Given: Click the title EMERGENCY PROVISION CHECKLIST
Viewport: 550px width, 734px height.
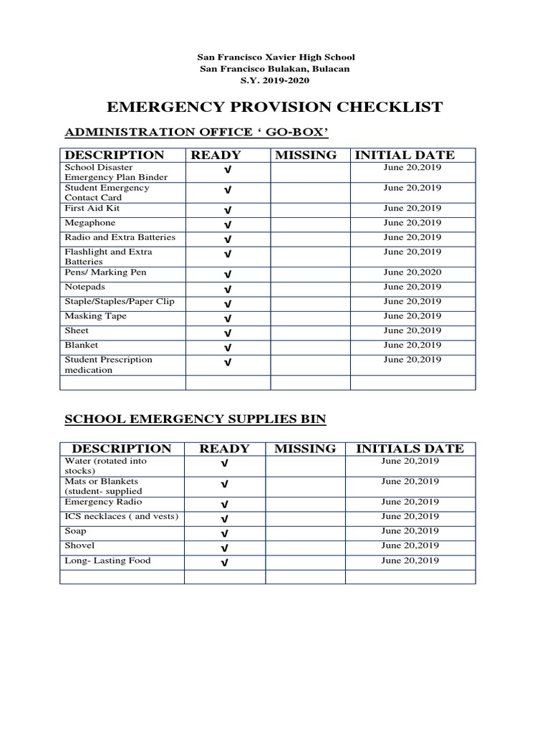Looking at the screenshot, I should pos(274,108).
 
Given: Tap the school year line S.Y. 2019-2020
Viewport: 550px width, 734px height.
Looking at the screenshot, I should pos(275,80).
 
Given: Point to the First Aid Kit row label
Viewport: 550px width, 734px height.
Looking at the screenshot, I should pos(92,208).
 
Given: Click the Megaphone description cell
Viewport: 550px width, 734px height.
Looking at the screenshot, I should pos(90,223).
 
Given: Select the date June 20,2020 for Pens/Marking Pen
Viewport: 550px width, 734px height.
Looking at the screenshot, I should pos(412,272).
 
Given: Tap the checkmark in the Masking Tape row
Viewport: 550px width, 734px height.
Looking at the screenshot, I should pos(227,318).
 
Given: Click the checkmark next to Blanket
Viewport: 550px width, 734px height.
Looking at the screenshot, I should pos(227,347).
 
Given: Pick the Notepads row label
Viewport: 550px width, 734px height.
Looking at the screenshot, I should pos(85,287).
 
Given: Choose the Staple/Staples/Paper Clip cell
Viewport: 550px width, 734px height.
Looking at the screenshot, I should pos(119,301).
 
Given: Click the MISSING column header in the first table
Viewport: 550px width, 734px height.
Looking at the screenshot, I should pos(306,155).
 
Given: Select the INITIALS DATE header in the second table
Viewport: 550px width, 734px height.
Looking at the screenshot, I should pos(410,449).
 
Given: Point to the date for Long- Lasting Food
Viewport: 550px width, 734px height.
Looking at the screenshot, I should pos(410,561).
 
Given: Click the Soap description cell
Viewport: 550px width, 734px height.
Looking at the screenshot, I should pos(76,531).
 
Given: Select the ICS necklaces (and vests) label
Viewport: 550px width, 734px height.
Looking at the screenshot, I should pos(121,516).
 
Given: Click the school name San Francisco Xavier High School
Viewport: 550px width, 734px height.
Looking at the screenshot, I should pos(275,57).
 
